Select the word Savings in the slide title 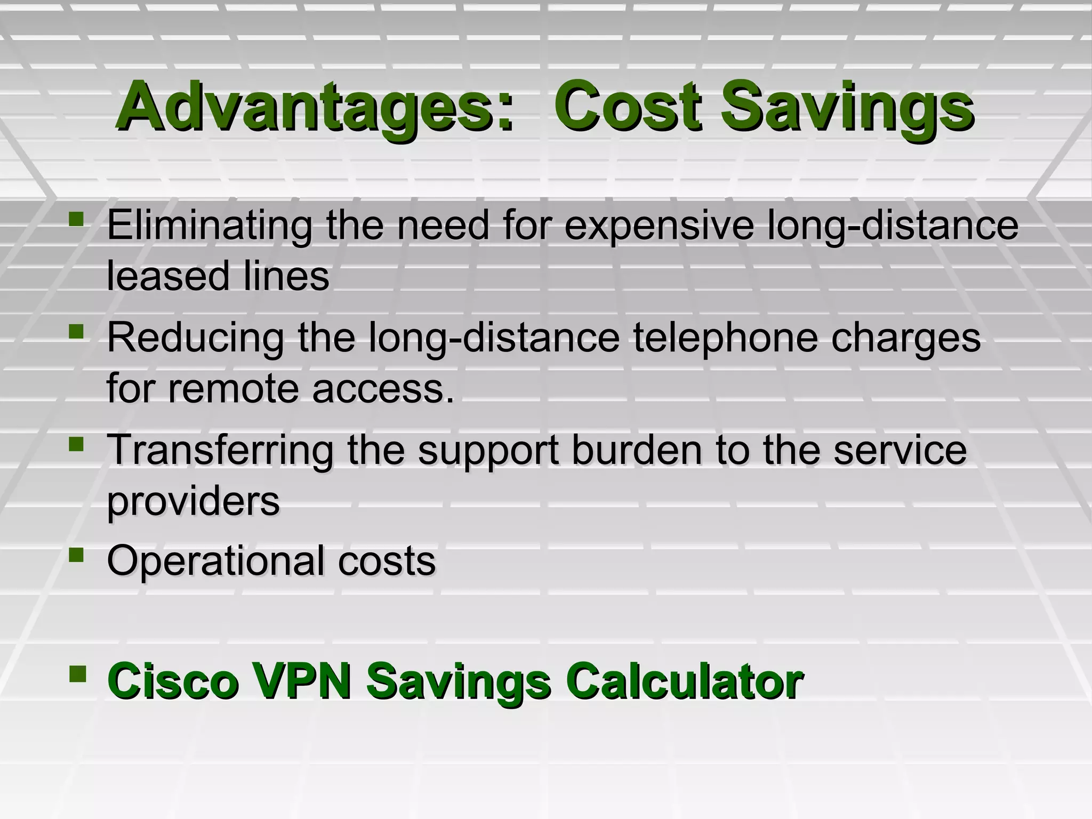(848, 107)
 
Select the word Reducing (195, 338)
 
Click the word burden (637, 450)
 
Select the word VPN (302, 681)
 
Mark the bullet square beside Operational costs (77, 556)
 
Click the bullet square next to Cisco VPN (77, 674)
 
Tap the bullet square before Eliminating (77, 219)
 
